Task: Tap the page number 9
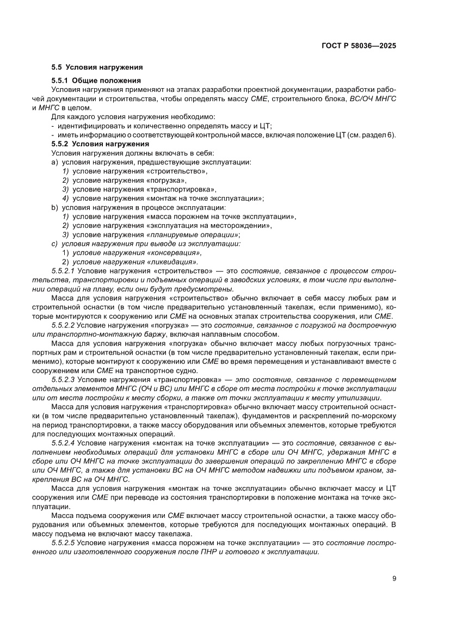[x=394, y=578]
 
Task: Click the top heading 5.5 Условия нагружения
[x=97, y=67]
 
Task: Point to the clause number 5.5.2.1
[x=63, y=270]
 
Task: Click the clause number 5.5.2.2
[x=63, y=325]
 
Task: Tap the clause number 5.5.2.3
[x=63, y=379]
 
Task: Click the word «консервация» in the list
[x=174, y=252]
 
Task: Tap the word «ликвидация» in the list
[x=172, y=262]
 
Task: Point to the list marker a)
[x=54, y=162]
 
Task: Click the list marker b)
[x=54, y=207]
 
